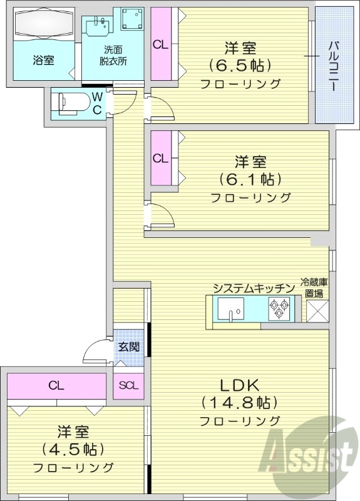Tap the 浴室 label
(43, 61)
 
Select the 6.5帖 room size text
(240, 65)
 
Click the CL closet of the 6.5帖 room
(161, 44)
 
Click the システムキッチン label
(252, 288)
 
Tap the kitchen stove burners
(280, 306)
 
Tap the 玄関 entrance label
(129, 346)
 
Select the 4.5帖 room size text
(73, 449)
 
